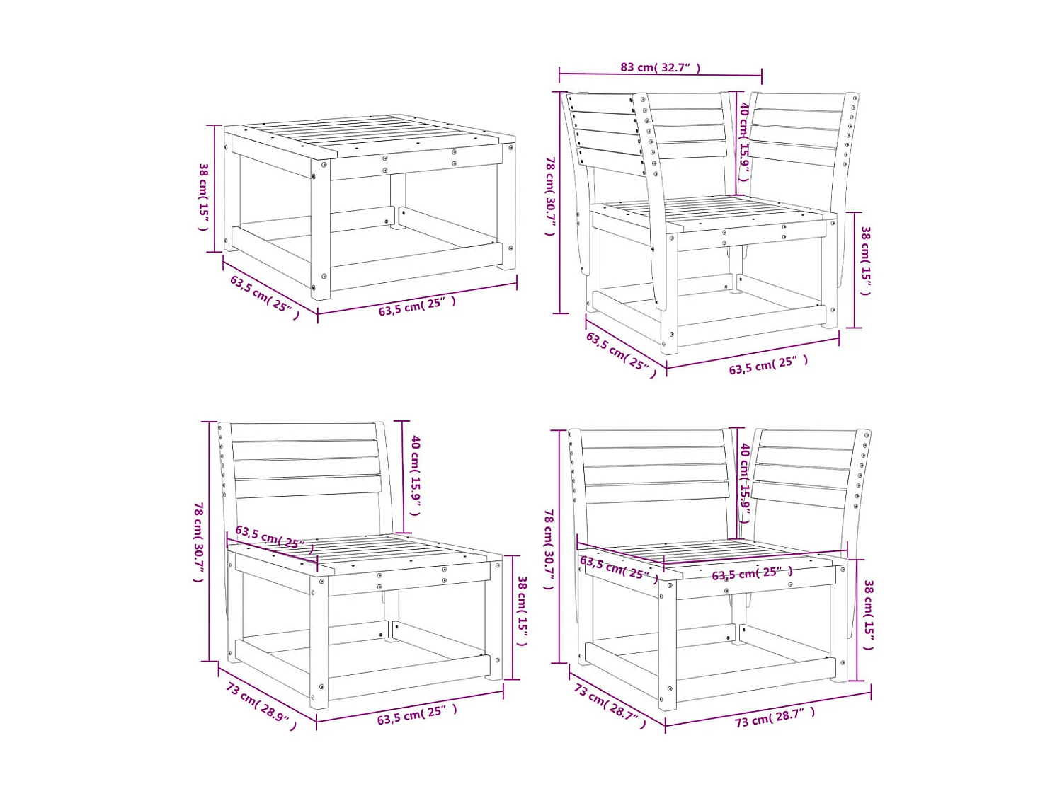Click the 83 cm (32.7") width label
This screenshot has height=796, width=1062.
pyautogui.click(x=660, y=67)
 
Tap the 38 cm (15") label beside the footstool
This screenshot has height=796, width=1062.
pyautogui.click(x=203, y=197)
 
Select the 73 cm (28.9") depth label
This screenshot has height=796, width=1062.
pyautogui.click(x=261, y=705)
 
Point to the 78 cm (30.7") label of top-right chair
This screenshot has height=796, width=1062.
pyautogui.click(x=549, y=196)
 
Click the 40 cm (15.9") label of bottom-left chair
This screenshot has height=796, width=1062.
pyautogui.click(x=416, y=475)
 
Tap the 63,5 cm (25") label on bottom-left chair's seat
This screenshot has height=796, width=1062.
pyautogui.click(x=274, y=537)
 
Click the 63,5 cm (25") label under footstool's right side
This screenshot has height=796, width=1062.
pyautogui.click(x=416, y=306)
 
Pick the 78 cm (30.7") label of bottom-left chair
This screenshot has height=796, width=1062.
pyautogui.click(x=199, y=542)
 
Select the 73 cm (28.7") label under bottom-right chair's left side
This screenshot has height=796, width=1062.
pyautogui.click(x=610, y=705)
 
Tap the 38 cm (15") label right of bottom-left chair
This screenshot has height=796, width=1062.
pyautogui.click(x=522, y=611)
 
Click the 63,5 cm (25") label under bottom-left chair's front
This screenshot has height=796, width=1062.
pyautogui.click(x=416, y=715)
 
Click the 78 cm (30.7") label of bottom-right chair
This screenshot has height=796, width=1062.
pyautogui.click(x=549, y=548)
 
